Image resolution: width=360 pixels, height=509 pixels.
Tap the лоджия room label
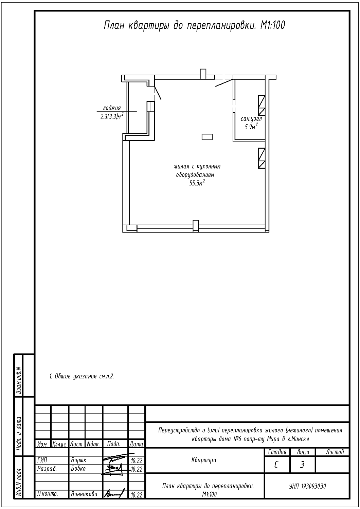(x=112, y=108)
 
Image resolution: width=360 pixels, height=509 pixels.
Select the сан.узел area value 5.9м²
(x=251, y=126)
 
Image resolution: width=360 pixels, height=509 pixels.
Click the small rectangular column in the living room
(x=207, y=137)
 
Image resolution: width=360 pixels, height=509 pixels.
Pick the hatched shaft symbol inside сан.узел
(x=262, y=105)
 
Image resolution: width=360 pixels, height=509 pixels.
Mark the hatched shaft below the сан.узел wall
(x=262, y=158)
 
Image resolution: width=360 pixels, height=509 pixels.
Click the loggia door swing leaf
(x=158, y=93)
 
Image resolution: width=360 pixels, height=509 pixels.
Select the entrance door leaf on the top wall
(x=224, y=83)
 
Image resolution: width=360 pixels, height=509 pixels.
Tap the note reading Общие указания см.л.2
(x=82, y=376)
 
